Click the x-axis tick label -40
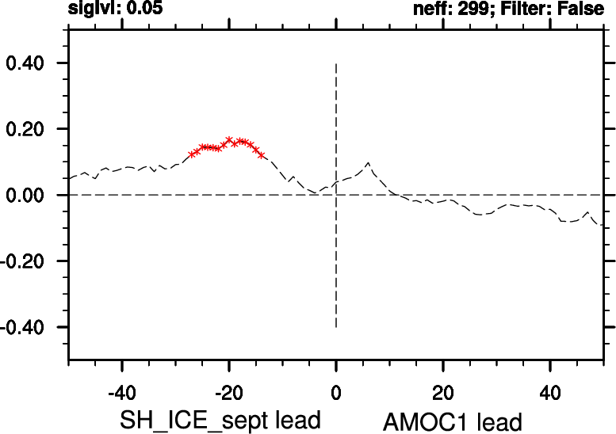coord(121,392)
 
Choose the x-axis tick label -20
coord(228,392)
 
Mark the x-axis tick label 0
coord(336,392)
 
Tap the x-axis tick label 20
coord(443,392)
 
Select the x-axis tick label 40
coord(550,392)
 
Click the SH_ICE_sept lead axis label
coord(220,419)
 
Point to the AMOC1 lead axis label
coord(453,421)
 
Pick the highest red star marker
coord(229,140)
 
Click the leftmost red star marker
coord(191,154)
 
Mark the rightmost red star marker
coord(262,155)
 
